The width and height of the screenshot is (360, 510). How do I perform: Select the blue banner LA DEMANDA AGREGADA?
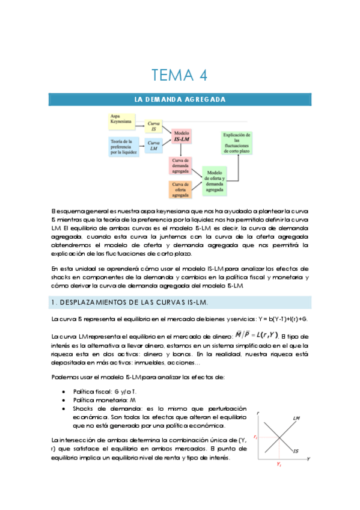(x=180, y=99)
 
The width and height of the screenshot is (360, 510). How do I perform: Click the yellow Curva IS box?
(x=154, y=126)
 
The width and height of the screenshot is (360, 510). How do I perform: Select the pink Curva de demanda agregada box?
(x=181, y=165)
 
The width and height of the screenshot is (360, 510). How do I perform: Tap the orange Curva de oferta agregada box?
(x=181, y=189)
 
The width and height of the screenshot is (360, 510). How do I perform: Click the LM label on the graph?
(x=297, y=418)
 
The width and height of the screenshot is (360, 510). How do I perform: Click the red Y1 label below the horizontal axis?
(x=279, y=464)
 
